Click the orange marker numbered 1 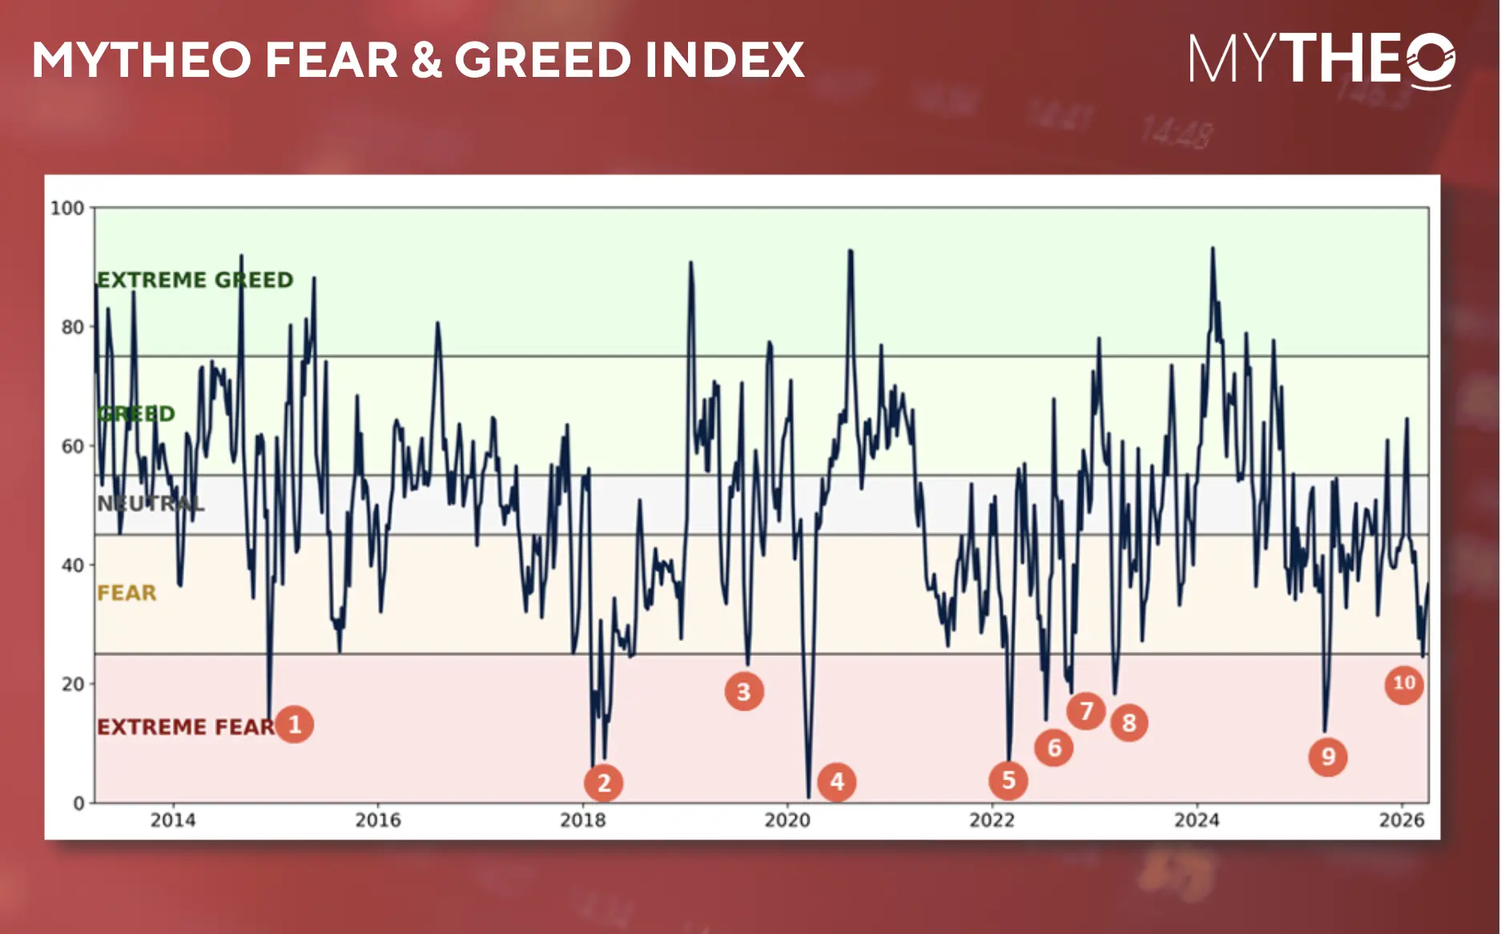click(x=295, y=724)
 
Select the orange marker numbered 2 click(x=604, y=783)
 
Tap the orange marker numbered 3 click(x=744, y=691)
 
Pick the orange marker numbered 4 click(x=837, y=781)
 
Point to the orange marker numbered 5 click(x=1008, y=779)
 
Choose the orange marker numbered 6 click(x=1054, y=747)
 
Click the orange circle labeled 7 click(x=1086, y=711)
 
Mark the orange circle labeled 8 click(x=1129, y=723)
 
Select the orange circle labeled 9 click(x=1328, y=756)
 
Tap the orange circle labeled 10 click(x=1404, y=683)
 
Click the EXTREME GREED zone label click(x=195, y=280)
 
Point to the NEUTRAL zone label click(x=151, y=503)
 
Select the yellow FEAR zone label click(x=127, y=593)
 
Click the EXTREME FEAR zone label click(x=186, y=727)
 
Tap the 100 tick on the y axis click(x=67, y=208)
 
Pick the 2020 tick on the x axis click(x=787, y=820)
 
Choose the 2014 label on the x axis click(x=173, y=820)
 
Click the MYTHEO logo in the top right click(x=1322, y=60)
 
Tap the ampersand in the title click(x=427, y=60)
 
